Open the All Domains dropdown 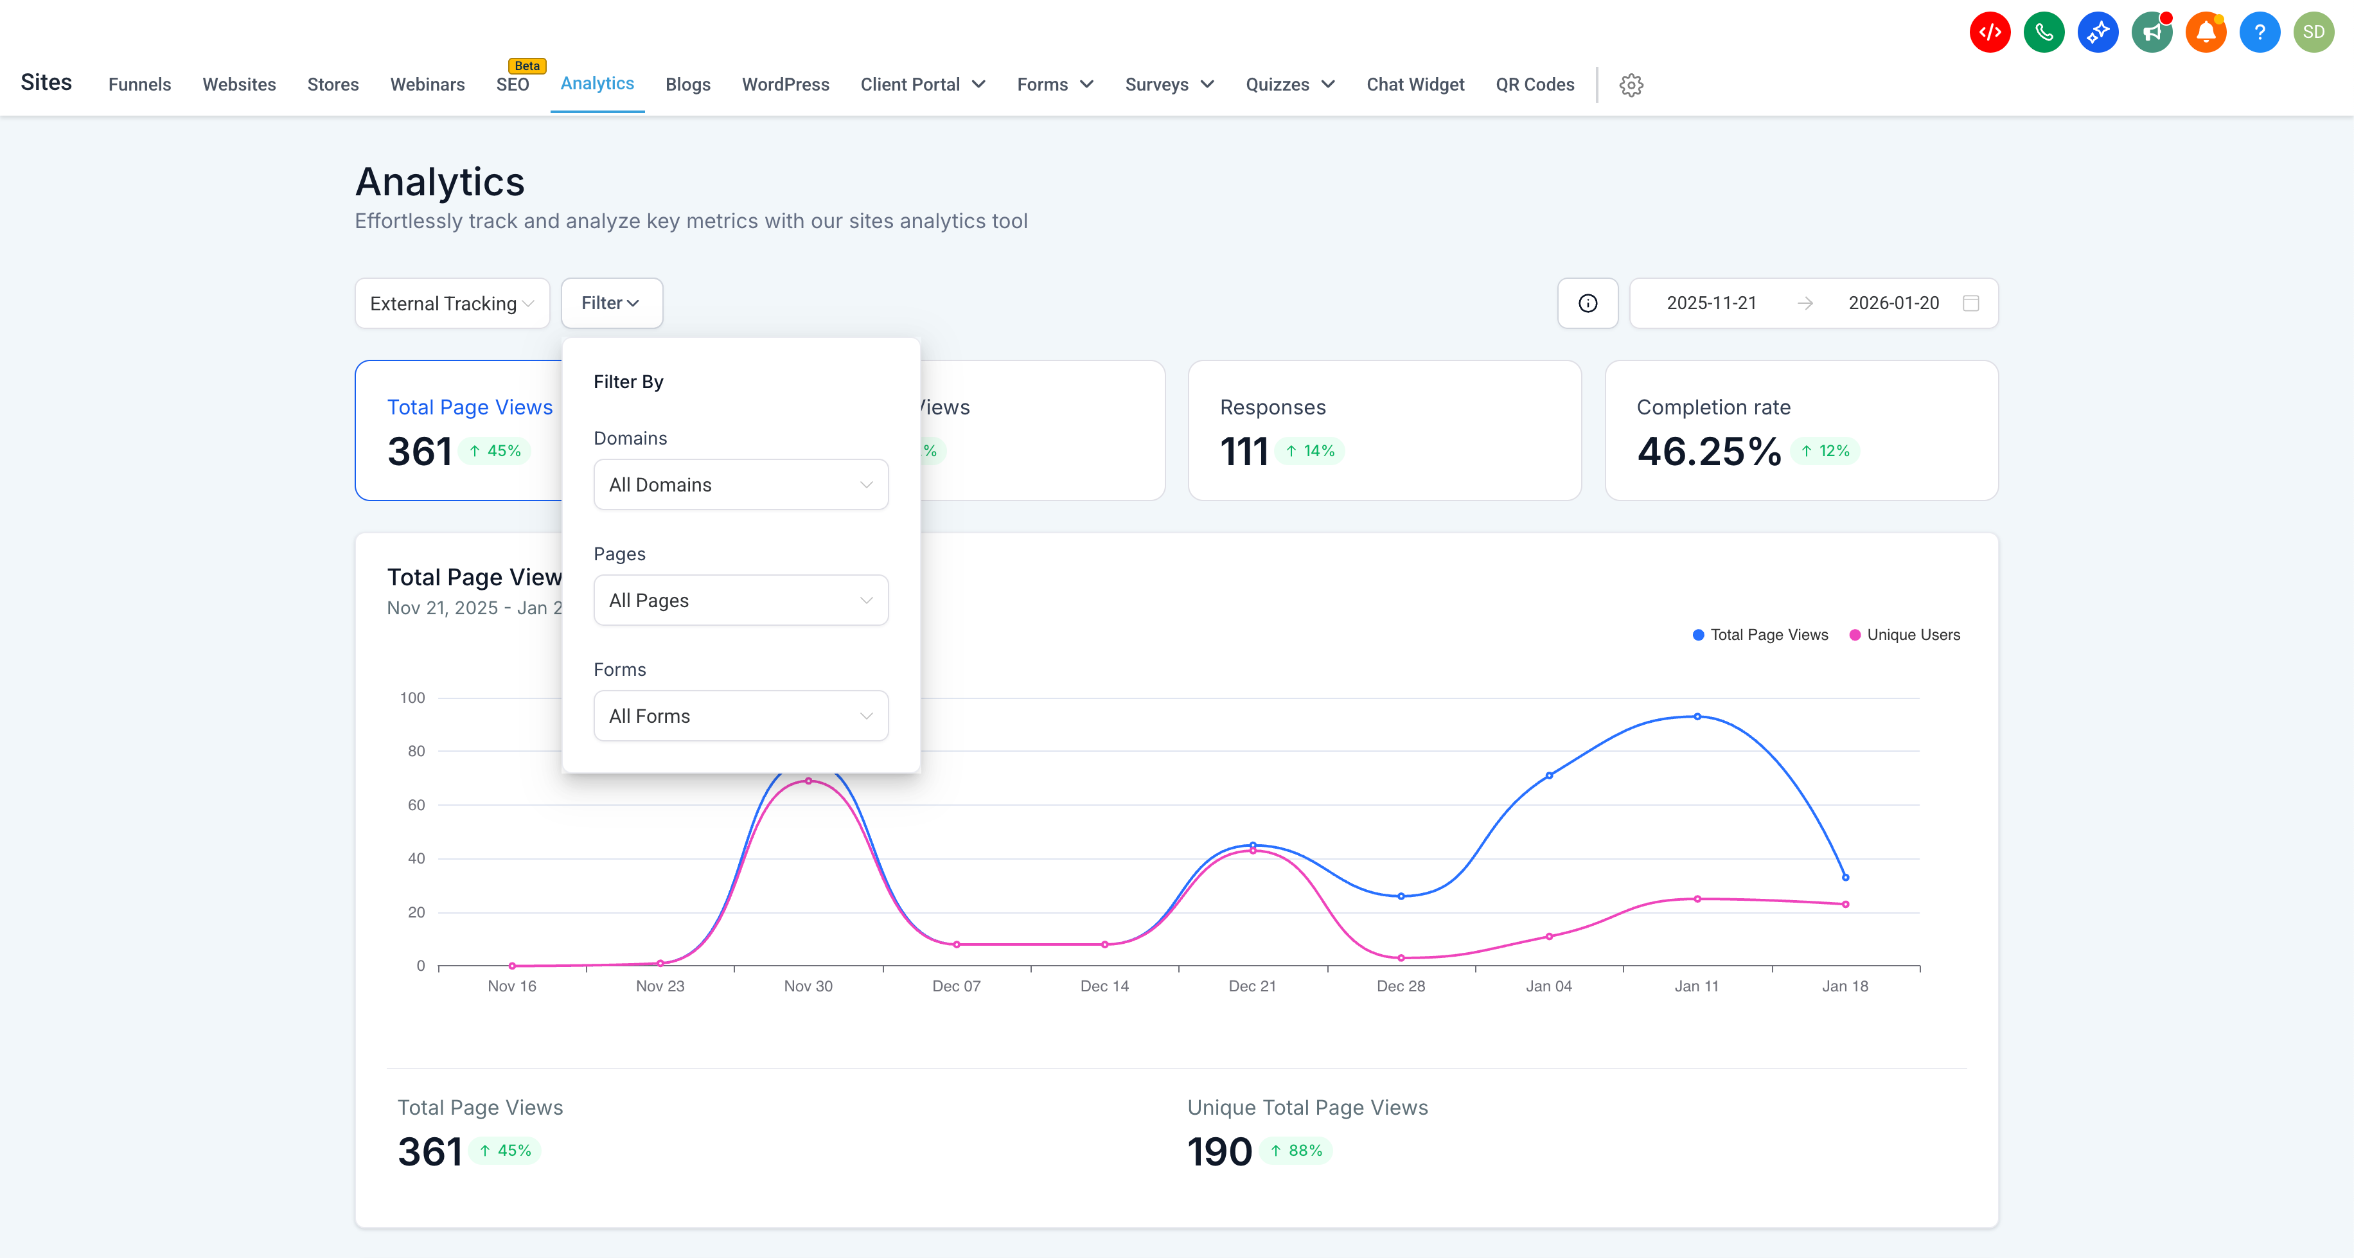[x=740, y=484]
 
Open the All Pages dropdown [x=740, y=600]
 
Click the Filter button [x=610, y=303]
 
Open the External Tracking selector [x=452, y=303]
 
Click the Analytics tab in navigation [x=597, y=84]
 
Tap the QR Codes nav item [x=1534, y=85]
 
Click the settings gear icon [x=1631, y=85]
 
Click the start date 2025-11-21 [x=1711, y=303]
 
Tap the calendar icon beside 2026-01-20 [x=1971, y=303]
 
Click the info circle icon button [x=1588, y=303]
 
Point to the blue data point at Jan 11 [x=1697, y=717]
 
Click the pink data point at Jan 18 [x=1845, y=905]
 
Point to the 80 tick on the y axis [x=416, y=751]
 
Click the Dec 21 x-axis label [x=1252, y=986]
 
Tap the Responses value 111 [x=1244, y=451]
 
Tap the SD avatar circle [x=2313, y=33]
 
